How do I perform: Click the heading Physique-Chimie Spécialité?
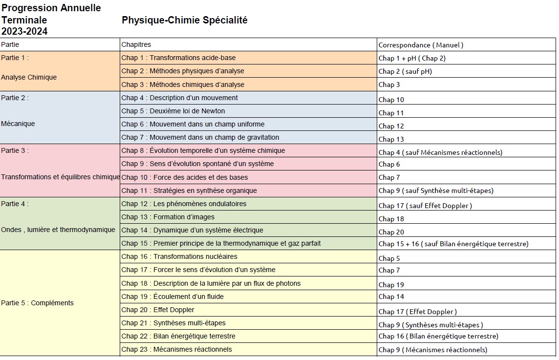[x=184, y=21]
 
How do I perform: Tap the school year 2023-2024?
[x=24, y=32]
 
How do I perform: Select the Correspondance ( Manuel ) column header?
[x=421, y=45]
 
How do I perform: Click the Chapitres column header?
[x=136, y=44]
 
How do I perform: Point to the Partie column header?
[x=10, y=44]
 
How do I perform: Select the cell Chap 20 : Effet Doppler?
[x=158, y=310]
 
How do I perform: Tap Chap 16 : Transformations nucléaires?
[x=179, y=256]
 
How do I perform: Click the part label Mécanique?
[x=18, y=124]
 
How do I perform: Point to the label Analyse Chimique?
[x=29, y=77]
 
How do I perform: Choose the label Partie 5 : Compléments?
[x=37, y=303]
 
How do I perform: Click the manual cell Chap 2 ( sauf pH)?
[x=405, y=71]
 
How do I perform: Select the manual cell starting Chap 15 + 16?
[x=453, y=244]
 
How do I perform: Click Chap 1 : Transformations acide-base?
[x=178, y=58]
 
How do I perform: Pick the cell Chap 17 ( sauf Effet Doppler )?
[x=425, y=206]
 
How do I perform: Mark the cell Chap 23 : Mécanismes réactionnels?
[x=176, y=349]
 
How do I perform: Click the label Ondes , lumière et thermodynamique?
[x=58, y=230]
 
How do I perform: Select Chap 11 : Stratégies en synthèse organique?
[x=189, y=191]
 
